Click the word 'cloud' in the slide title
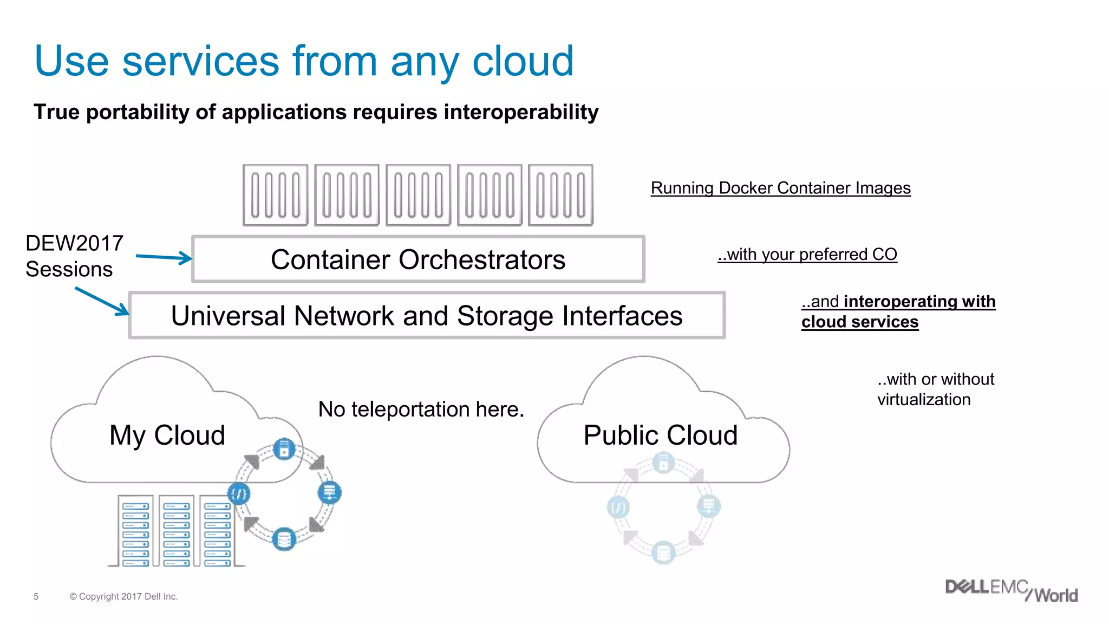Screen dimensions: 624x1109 point(523,61)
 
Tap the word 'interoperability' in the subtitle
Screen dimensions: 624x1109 point(521,112)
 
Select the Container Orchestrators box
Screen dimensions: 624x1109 point(418,259)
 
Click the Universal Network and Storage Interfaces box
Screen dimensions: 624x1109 point(427,316)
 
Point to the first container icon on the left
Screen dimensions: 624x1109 point(275,195)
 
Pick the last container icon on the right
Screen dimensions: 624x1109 point(560,195)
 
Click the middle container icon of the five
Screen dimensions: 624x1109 point(418,195)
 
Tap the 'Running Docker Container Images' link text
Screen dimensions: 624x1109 point(780,188)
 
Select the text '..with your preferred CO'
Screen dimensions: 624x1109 point(807,255)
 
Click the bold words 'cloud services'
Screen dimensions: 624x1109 point(860,322)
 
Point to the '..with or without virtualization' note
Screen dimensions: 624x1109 point(935,389)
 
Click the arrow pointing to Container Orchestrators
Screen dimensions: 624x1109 point(164,257)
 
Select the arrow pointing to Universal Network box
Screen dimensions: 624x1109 point(102,301)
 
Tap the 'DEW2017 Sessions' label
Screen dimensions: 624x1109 point(74,256)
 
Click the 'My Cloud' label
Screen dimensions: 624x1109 point(167,435)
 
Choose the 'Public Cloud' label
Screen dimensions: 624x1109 point(660,435)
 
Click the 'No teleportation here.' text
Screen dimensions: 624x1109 point(421,409)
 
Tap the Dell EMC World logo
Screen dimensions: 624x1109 point(1011,590)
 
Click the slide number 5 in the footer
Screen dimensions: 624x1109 point(36,596)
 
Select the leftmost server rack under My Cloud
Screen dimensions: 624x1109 point(135,531)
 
